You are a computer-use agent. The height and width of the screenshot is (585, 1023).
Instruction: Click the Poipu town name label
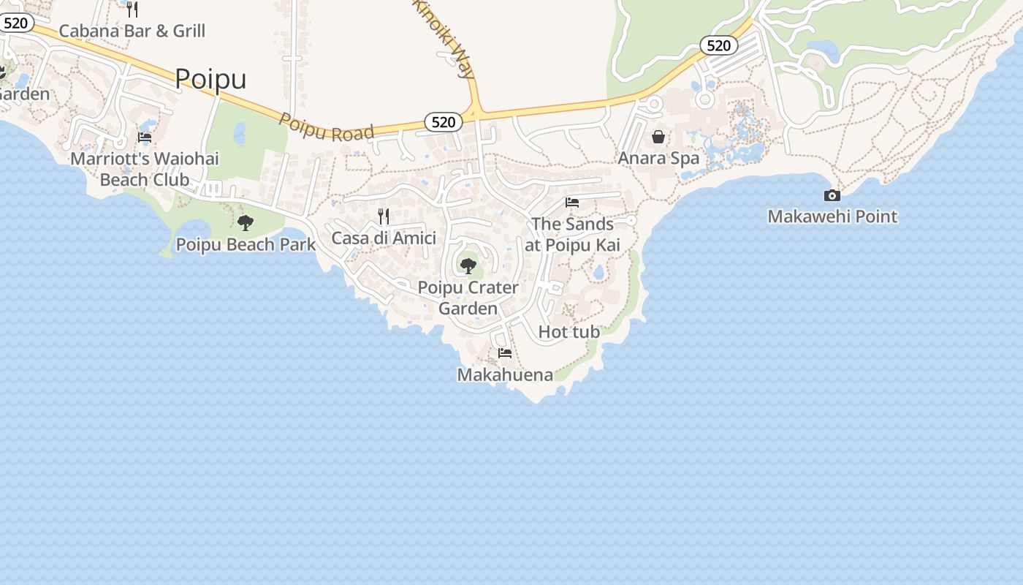(210, 79)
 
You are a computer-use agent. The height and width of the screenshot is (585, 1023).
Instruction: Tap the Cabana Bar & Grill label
(132, 31)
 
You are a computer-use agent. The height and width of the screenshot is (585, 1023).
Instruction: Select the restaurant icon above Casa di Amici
(384, 216)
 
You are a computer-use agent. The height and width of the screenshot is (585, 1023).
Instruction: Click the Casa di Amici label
(384, 238)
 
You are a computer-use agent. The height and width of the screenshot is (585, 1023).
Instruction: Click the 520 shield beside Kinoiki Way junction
(444, 122)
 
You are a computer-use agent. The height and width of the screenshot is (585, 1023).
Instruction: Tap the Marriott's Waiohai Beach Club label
(145, 169)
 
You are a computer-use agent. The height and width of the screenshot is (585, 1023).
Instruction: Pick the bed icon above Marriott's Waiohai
(145, 137)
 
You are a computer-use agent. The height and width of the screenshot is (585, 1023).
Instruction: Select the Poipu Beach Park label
(246, 244)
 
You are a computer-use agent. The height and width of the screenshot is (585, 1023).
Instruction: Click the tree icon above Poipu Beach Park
(246, 222)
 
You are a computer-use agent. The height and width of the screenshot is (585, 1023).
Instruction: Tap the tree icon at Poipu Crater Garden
(468, 265)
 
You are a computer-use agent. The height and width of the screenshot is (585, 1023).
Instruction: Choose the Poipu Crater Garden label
(468, 298)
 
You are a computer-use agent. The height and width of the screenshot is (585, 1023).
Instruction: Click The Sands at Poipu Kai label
(572, 234)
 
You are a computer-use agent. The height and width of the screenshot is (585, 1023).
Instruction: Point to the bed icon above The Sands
(572, 203)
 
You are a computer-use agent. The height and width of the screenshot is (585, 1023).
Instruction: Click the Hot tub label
(568, 332)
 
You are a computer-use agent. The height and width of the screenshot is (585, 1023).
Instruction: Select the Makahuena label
(505, 375)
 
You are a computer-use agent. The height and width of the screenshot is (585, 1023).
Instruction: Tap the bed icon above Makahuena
(505, 353)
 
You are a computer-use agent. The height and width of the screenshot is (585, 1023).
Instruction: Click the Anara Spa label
(658, 158)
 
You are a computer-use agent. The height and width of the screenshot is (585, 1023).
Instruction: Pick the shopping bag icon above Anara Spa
(658, 137)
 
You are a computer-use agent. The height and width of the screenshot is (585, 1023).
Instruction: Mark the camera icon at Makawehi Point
(832, 195)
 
